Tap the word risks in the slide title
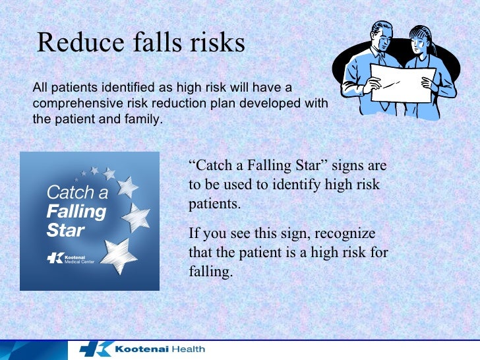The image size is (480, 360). pyautogui.click(x=213, y=43)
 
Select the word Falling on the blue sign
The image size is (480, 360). pyautogui.click(x=76, y=212)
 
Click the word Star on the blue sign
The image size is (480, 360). pyautogui.click(x=65, y=231)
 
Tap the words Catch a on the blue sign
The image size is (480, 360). pyautogui.click(x=77, y=193)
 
